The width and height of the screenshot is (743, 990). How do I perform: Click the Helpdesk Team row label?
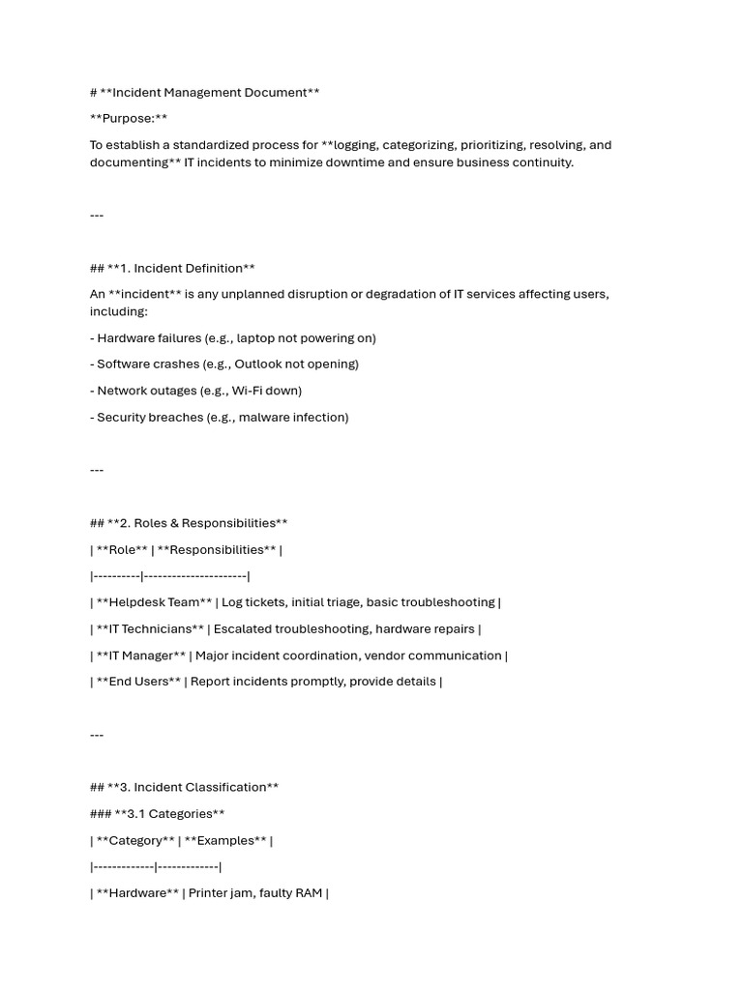point(154,602)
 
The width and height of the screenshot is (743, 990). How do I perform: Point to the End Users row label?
point(138,682)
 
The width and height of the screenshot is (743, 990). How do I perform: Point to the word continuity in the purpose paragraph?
point(542,162)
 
